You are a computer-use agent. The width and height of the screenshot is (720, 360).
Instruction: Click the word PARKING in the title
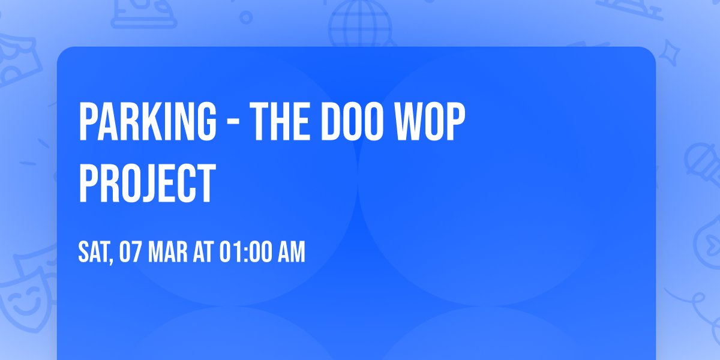[x=147, y=122]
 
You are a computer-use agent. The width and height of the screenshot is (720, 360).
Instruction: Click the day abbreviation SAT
[x=93, y=252]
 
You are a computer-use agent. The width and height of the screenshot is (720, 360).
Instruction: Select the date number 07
[x=131, y=252]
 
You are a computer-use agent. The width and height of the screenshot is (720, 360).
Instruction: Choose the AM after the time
[x=292, y=252]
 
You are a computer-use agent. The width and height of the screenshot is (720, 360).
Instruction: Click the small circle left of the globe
[x=246, y=17]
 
